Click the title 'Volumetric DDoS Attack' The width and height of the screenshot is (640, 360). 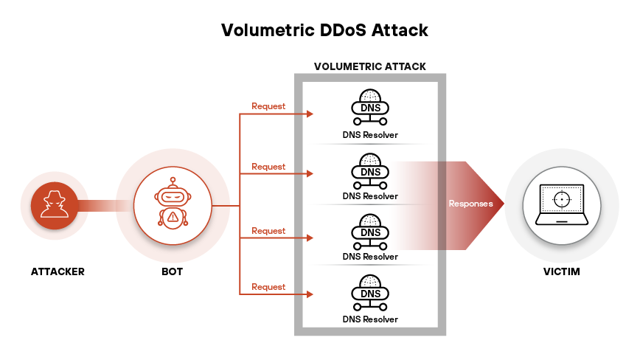click(324, 30)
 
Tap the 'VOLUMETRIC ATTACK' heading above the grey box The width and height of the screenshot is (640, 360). click(369, 66)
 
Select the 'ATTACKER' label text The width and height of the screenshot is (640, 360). click(58, 271)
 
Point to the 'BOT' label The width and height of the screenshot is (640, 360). click(172, 271)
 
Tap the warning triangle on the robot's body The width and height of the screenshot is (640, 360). click(173, 216)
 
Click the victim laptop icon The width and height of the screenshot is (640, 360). click(561, 204)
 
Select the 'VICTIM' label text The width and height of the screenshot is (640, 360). click(561, 271)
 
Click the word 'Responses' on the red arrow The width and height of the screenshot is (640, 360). click(470, 204)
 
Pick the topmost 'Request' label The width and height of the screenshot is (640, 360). click(268, 106)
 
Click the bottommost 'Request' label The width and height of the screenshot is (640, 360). click(268, 287)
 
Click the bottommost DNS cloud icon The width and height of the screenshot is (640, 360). click(370, 292)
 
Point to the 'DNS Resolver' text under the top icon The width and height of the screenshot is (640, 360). click(370, 136)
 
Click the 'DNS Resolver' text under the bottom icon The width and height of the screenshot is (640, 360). click(370, 319)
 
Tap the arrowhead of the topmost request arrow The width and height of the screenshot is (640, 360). click(310, 114)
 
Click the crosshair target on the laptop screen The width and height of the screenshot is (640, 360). click(562, 199)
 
